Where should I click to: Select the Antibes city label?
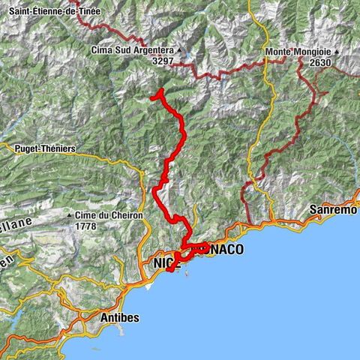click(120, 318)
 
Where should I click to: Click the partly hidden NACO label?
click(226, 250)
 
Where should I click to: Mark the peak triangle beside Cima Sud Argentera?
click(181, 50)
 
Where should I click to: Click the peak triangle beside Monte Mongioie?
click(337, 52)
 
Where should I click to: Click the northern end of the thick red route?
click(152, 97)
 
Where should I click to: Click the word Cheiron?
click(120, 216)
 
